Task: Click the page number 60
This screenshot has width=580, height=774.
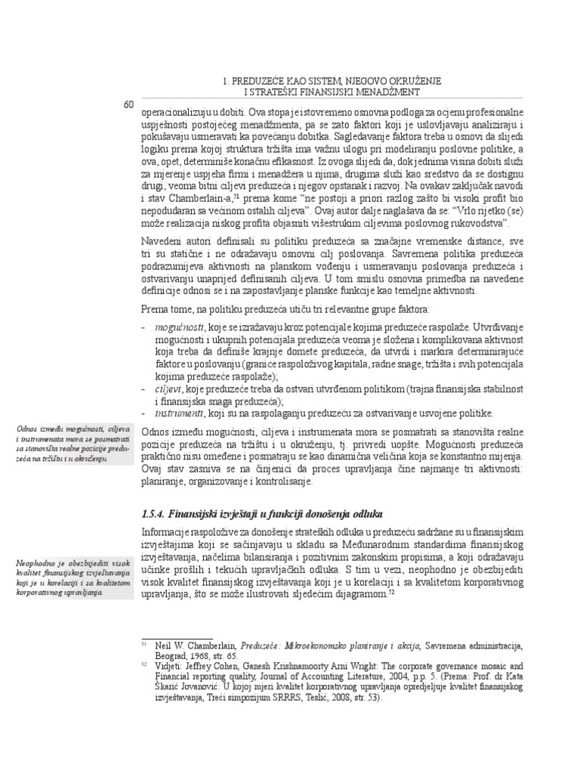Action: click(128, 104)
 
